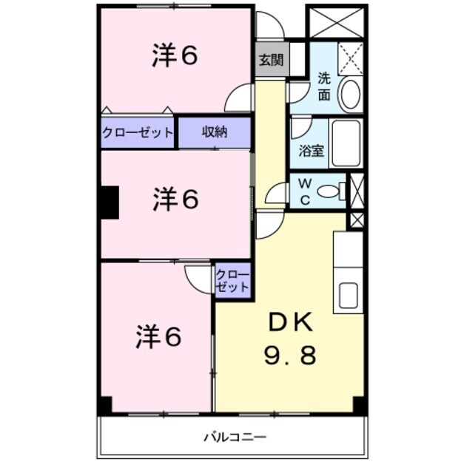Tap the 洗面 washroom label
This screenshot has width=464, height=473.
[324, 86]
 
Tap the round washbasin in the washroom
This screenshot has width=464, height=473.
[349, 95]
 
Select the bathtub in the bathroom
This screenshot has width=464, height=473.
[346, 143]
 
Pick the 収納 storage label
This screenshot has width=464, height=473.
[214, 132]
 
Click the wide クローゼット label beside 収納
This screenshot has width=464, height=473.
[138, 133]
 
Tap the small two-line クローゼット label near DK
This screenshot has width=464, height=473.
[233, 280]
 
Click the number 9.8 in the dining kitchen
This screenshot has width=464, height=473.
[291, 355]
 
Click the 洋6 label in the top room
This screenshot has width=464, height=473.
[175, 57]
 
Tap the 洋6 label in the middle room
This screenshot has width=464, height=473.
[175, 199]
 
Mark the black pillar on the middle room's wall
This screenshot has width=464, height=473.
[110, 202]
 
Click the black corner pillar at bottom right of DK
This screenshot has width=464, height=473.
[360, 405]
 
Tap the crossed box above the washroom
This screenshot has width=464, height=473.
[337, 22]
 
